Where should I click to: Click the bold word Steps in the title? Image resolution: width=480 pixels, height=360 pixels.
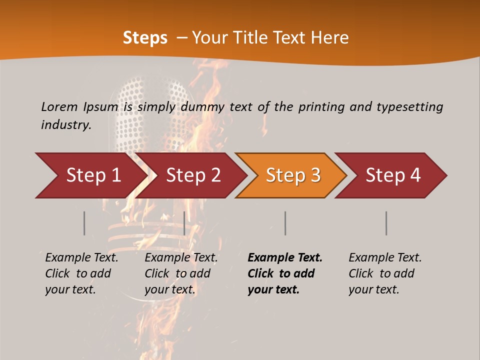pyautogui.click(x=145, y=38)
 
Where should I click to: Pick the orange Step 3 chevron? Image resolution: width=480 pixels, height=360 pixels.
pyautogui.click(x=293, y=175)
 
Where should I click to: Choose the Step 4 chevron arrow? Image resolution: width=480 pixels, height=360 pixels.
pyautogui.click(x=393, y=175)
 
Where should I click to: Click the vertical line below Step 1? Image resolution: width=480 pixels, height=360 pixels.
pyautogui.click(x=84, y=223)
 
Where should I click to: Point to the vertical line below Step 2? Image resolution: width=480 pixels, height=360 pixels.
pyautogui.click(x=184, y=223)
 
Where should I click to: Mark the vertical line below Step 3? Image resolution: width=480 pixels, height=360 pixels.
pyautogui.click(x=285, y=223)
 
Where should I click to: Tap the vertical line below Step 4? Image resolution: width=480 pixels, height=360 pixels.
pyautogui.click(x=386, y=223)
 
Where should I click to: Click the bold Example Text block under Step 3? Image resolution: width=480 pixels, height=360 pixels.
pyautogui.click(x=285, y=273)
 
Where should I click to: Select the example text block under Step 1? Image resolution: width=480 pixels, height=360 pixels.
pyautogui.click(x=81, y=273)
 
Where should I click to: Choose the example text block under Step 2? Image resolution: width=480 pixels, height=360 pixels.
pyautogui.click(x=181, y=273)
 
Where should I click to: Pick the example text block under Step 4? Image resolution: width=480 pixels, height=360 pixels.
pyautogui.click(x=385, y=273)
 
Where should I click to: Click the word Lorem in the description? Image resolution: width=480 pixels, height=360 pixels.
pyautogui.click(x=59, y=106)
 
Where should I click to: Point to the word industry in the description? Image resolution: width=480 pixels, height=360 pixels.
pyautogui.click(x=66, y=124)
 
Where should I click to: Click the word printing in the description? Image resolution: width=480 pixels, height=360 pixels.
pyautogui.click(x=321, y=106)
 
